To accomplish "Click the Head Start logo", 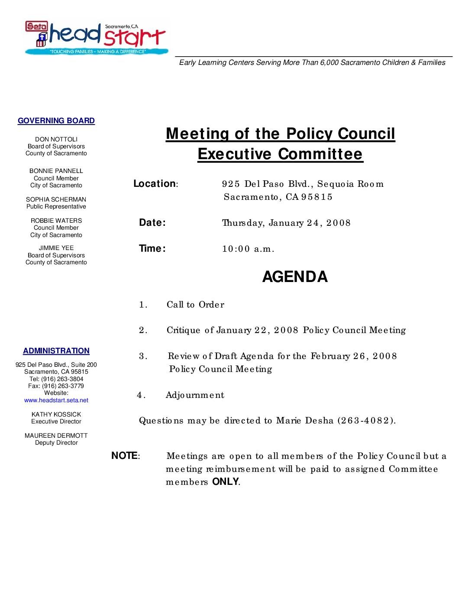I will pyautogui.click(x=95, y=38).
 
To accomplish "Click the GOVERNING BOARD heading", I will pyautogui.click(x=56, y=121).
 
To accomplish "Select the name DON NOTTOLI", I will pyautogui.click(x=56, y=139).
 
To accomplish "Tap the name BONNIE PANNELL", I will pyautogui.click(x=56, y=171).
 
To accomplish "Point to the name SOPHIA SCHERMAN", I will pyautogui.click(x=56, y=199).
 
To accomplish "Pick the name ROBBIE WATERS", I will pyautogui.click(x=56, y=221).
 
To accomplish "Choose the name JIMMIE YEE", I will pyautogui.click(x=56, y=248).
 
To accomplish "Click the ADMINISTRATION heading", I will pyautogui.click(x=56, y=351).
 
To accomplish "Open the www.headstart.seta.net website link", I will pyautogui.click(x=56, y=401).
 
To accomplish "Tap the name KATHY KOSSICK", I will pyautogui.click(x=56, y=414).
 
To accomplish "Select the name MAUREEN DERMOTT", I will pyautogui.click(x=56, y=436).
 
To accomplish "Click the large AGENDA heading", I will pyautogui.click(x=295, y=277).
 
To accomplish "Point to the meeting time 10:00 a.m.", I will pyautogui.click(x=248, y=249).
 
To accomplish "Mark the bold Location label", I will pyautogui.click(x=155, y=184).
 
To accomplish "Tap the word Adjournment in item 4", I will pyautogui.click(x=195, y=395).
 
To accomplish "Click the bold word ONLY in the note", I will pyautogui.click(x=225, y=482).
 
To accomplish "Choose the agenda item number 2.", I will pyautogui.click(x=143, y=330).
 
